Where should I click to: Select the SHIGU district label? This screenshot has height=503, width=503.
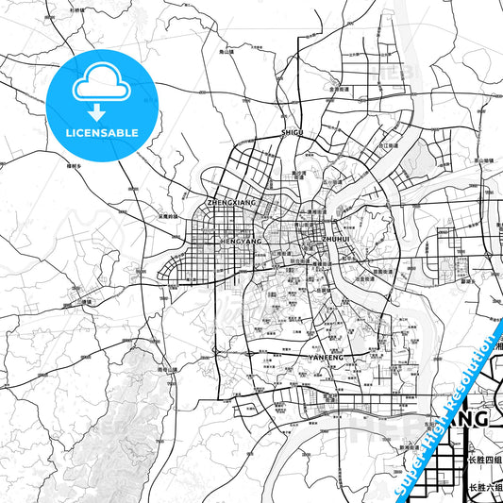click(292, 133)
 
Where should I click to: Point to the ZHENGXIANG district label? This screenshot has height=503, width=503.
click(231, 202)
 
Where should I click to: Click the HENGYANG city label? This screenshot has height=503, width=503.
click(240, 241)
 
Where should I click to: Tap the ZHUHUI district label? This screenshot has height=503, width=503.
click(336, 240)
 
